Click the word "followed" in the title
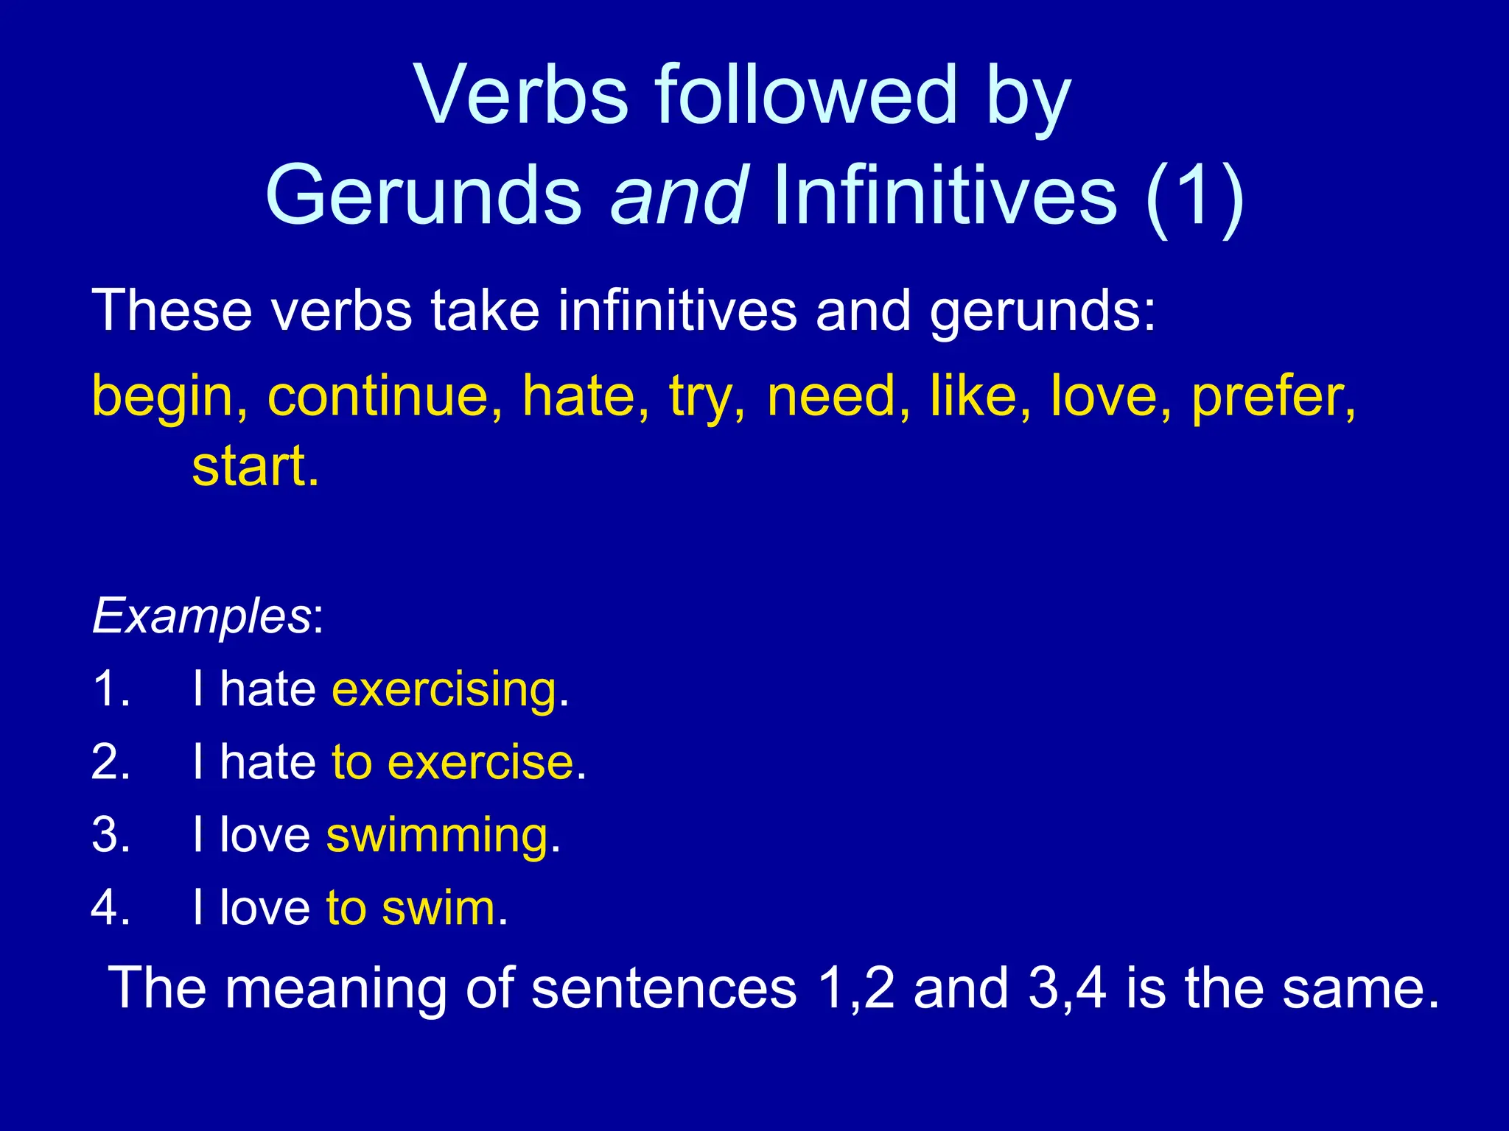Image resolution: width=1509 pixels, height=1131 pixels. point(806,96)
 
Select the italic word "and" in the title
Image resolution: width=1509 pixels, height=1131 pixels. point(679,196)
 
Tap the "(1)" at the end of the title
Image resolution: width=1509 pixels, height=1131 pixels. point(1194,197)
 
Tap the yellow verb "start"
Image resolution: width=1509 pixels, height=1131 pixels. point(255,467)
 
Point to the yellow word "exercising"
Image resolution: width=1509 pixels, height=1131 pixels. point(444,691)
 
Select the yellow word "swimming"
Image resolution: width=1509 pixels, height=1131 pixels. point(438,836)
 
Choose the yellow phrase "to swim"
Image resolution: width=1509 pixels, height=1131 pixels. point(411,908)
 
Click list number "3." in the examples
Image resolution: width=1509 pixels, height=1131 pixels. point(111,836)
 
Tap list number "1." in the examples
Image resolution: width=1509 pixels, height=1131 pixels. point(111,690)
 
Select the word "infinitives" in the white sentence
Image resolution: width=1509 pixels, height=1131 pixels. point(677,311)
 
